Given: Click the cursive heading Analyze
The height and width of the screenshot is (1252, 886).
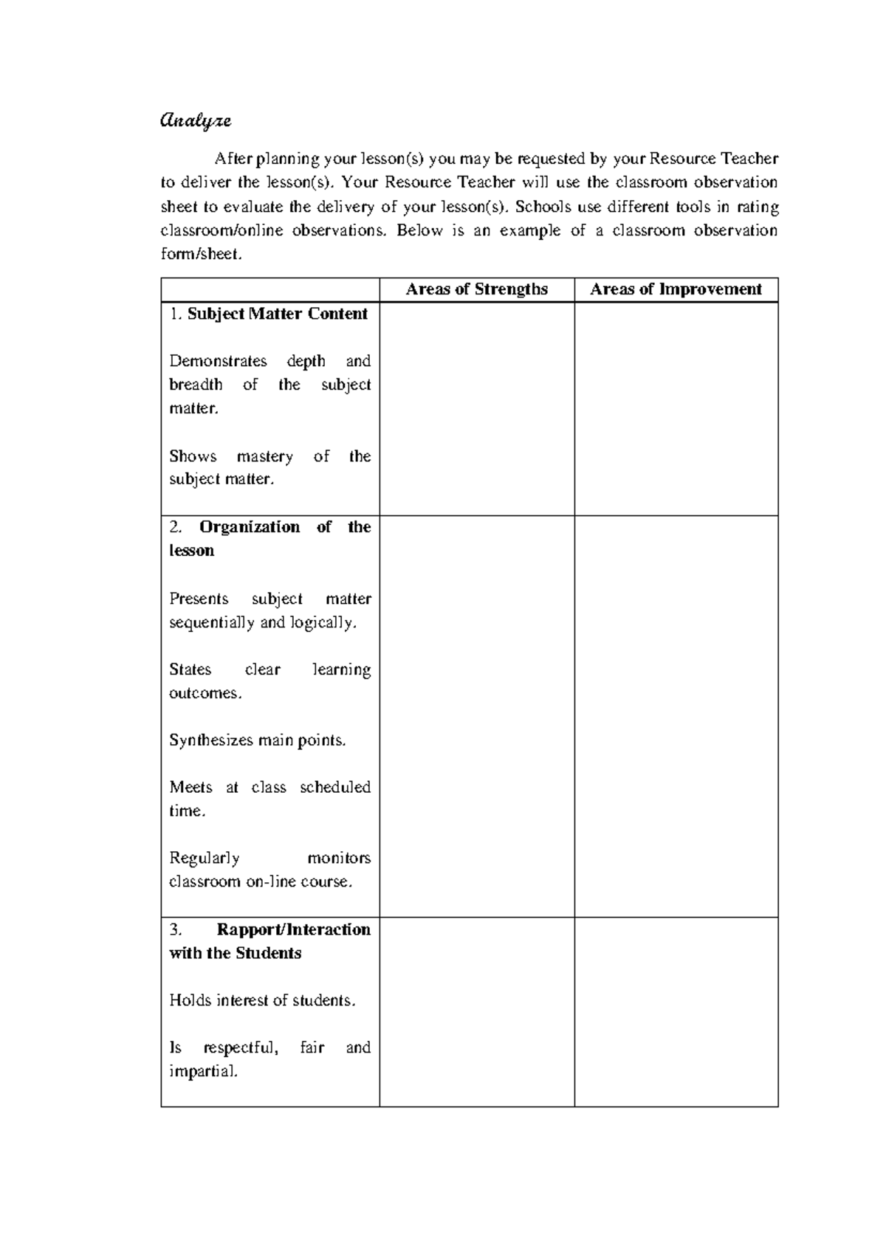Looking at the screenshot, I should [196, 120].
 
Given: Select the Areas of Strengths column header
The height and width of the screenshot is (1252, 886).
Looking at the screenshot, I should [476, 289].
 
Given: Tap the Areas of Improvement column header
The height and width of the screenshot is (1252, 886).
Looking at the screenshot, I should [676, 289].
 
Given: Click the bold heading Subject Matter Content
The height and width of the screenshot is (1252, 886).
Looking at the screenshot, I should [277, 314].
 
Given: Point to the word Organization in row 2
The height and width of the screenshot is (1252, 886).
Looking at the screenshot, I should [250, 527].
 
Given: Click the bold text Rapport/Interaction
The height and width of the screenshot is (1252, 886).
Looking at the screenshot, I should [294, 929].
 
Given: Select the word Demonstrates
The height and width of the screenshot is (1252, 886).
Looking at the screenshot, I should [218, 361].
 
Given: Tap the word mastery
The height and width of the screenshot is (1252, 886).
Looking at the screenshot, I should [264, 456].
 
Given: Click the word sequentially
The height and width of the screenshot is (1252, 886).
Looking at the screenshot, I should [212, 622].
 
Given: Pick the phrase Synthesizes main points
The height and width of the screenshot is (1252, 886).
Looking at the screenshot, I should [258, 740].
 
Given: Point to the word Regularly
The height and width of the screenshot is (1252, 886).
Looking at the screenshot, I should [205, 858].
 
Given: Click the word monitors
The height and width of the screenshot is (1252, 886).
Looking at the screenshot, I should [339, 858].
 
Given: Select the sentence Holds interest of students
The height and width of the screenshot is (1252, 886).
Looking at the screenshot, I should [262, 1000].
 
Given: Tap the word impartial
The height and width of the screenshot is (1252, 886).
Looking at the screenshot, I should [204, 1071].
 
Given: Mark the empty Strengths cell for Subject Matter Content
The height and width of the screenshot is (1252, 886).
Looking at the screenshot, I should [476, 409].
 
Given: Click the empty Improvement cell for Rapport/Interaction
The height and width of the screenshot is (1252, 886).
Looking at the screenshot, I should [676, 1012].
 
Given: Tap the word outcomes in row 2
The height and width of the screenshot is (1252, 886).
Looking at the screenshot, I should [205, 693].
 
